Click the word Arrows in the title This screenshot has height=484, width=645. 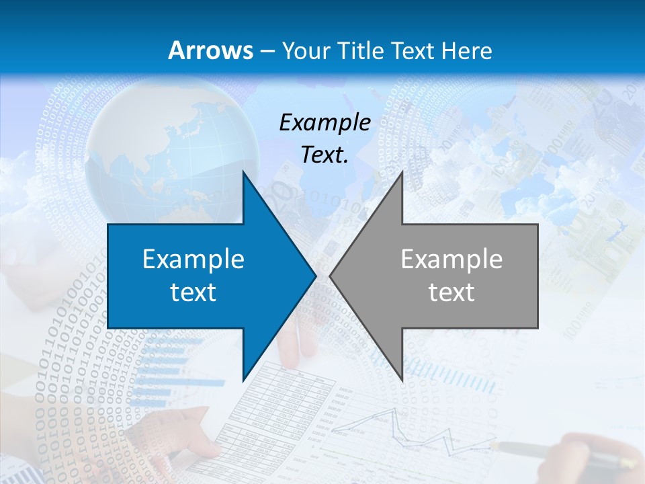click(210, 50)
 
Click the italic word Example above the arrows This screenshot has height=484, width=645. click(325, 122)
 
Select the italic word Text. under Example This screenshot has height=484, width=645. click(325, 155)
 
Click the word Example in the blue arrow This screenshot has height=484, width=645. click(193, 259)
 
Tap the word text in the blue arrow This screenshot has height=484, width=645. click(193, 292)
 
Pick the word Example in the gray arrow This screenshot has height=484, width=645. click(451, 259)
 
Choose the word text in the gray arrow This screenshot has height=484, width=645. click(451, 292)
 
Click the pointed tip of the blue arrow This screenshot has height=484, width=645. click(314, 276)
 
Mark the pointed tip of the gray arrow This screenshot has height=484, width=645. click(331, 276)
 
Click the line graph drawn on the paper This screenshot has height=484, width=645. click(417, 430)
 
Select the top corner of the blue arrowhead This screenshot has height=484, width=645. click(243, 173)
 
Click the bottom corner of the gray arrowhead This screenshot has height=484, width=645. click(402, 379)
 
